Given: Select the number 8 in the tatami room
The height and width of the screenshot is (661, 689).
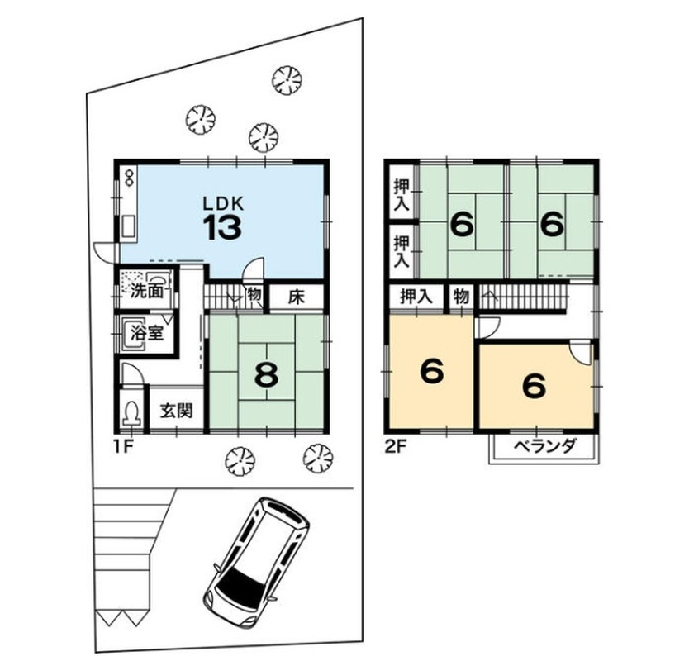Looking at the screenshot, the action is click(x=266, y=375).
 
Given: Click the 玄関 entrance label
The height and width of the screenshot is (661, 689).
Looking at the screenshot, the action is click(x=176, y=411).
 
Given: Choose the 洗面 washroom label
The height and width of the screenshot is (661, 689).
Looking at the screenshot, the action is click(x=147, y=291).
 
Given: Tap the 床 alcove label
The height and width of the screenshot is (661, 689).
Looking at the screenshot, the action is click(x=296, y=297).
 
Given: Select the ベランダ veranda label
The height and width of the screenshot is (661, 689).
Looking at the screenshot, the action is click(x=544, y=446).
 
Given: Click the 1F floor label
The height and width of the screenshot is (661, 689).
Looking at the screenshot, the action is click(x=123, y=446).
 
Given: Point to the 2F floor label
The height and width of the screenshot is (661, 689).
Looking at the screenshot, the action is click(x=395, y=446).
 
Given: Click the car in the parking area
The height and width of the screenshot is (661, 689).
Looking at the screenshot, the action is click(x=257, y=561).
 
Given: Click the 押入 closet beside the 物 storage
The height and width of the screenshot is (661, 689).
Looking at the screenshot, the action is click(x=416, y=297).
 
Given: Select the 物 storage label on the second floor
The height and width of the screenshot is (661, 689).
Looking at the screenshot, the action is click(x=461, y=297).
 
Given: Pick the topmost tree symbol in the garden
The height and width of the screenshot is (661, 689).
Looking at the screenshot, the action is click(x=287, y=79).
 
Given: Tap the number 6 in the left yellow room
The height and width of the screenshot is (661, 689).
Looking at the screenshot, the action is click(x=432, y=371).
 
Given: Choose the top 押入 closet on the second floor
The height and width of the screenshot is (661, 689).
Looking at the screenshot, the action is click(x=402, y=194).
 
